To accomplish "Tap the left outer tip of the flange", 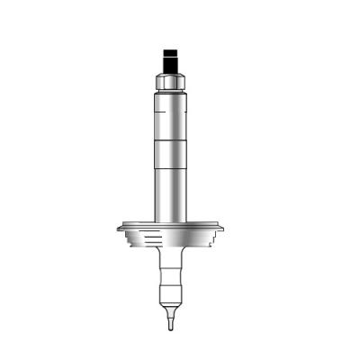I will [119, 228].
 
